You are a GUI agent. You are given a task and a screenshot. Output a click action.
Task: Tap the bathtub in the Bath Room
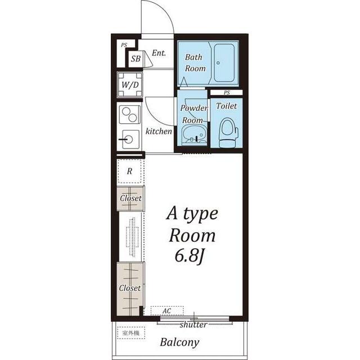tap(224, 62)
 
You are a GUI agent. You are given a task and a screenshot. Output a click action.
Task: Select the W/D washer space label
tap(130, 85)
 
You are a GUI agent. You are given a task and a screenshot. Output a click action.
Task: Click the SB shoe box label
tap(136, 58)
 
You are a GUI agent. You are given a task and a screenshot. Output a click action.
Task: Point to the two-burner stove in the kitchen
tap(130, 115)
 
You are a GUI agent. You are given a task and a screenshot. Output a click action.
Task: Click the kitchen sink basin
tap(130, 139)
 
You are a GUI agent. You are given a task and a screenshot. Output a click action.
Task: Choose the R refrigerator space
tap(129, 171)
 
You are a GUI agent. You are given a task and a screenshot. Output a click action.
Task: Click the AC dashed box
tap(167, 311)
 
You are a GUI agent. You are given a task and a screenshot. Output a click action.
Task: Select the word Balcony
tap(179, 343)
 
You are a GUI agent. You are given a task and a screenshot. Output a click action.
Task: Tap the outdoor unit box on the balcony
tap(131, 332)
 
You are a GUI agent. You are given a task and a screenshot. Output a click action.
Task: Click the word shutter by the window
tap(193, 325)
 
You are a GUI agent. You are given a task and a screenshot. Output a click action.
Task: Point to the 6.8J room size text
tap(190, 256)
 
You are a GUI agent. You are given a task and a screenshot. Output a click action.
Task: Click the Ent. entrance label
tap(159, 53)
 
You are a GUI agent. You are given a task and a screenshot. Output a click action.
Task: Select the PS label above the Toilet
tap(227, 92)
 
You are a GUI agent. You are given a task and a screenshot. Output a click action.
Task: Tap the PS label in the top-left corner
tap(124, 45)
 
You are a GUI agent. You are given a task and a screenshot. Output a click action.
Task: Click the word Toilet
tap(226, 106)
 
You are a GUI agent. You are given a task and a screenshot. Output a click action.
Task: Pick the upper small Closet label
tap(130, 198)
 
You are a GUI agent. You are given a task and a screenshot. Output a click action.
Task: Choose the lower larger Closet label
tap(130, 288)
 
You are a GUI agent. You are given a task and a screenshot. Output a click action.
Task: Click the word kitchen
tap(159, 131)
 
